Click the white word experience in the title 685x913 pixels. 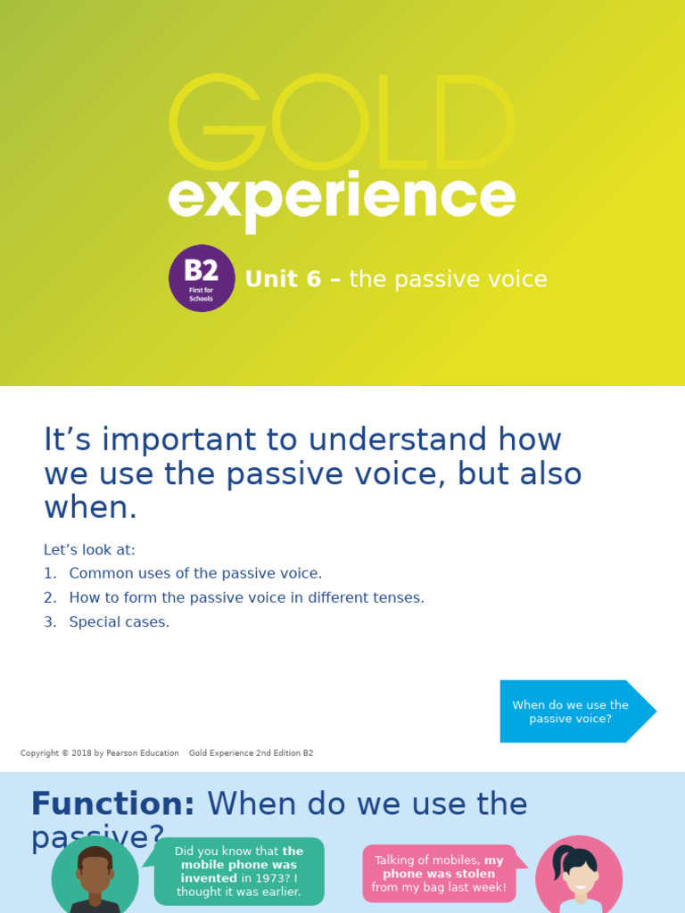click(342, 198)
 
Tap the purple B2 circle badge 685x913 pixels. click(202, 278)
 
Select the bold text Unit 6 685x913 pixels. click(283, 280)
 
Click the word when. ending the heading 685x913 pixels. click(90, 507)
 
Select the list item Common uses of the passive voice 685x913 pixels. click(195, 573)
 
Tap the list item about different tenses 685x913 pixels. click(246, 597)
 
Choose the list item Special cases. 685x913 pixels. click(119, 621)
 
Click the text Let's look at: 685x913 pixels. click(89, 550)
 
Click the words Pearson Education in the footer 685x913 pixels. click(143, 753)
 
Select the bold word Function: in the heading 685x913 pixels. click(112, 804)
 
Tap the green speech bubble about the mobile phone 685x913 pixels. click(238, 871)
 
